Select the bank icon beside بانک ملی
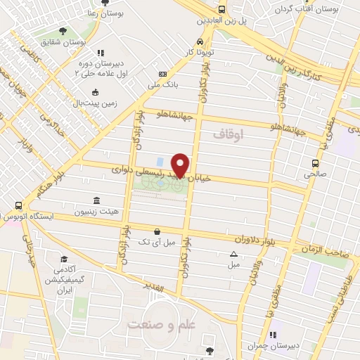click(163, 74)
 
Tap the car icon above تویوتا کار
click(201, 41)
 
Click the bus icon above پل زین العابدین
click(222, 9)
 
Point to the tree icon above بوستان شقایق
click(64, 31)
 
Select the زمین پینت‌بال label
click(96, 103)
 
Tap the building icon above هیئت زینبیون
click(96, 200)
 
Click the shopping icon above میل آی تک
click(157, 231)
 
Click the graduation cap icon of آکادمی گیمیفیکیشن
click(63, 259)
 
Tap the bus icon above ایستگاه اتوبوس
click(18, 205)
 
